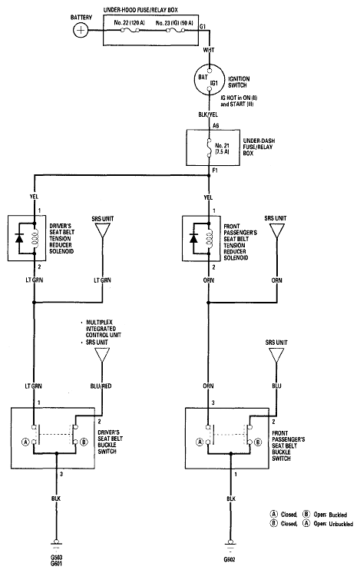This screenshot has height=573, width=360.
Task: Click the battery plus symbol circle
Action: tap(81, 30)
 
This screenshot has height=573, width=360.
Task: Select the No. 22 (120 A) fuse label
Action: tap(129, 22)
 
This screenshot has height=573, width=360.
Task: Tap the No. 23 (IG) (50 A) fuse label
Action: tap(174, 22)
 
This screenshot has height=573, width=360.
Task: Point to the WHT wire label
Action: tap(209, 50)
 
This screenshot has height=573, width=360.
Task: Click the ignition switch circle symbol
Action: tap(209, 79)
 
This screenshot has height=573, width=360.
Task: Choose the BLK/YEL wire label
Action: tap(208, 114)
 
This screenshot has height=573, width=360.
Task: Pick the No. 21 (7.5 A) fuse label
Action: tap(222, 148)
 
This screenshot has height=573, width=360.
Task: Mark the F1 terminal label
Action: tap(215, 171)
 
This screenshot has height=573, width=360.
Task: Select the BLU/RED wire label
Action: tap(101, 386)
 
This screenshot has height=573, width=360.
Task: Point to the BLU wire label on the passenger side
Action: tap(277, 386)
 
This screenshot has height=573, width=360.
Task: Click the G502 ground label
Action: tap(230, 559)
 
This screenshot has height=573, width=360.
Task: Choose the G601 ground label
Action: tap(56, 565)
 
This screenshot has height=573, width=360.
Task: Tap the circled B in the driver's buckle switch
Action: tap(84, 442)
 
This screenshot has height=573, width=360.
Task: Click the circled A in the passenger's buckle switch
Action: tap(200, 442)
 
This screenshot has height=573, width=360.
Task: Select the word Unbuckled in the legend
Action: tap(340, 524)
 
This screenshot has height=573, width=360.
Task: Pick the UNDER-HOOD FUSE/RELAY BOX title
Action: tap(140, 10)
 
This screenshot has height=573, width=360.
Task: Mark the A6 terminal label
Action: tap(216, 126)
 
